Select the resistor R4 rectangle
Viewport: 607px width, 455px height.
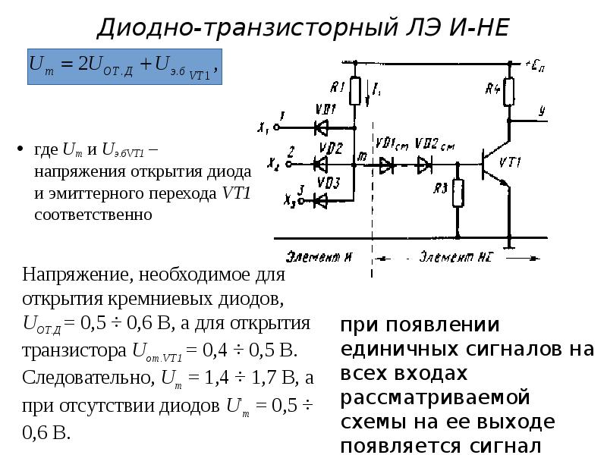point(508,93)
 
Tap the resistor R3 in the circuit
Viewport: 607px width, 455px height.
point(458,193)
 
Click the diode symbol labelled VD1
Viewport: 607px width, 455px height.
point(320,127)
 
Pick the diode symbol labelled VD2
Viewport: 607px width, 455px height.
point(320,162)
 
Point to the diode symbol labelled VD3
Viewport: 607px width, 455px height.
point(320,199)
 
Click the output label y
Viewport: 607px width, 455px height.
point(541,111)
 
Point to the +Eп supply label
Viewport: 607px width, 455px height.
point(535,65)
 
